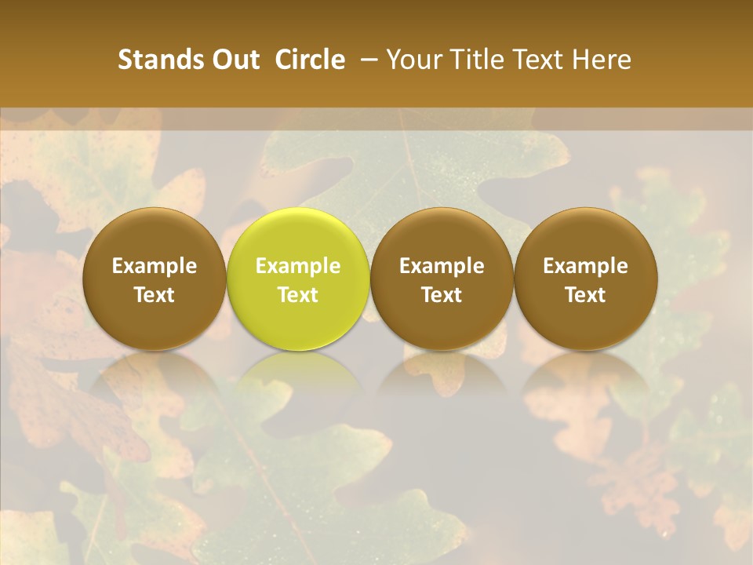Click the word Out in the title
[x=234, y=60]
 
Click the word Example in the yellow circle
[x=298, y=266]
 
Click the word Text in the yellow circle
[x=298, y=295]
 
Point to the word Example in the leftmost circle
[x=155, y=266]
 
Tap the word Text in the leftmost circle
[x=155, y=295]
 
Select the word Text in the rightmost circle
[x=586, y=295]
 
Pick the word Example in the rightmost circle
[x=586, y=266]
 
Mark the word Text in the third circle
[x=442, y=295]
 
